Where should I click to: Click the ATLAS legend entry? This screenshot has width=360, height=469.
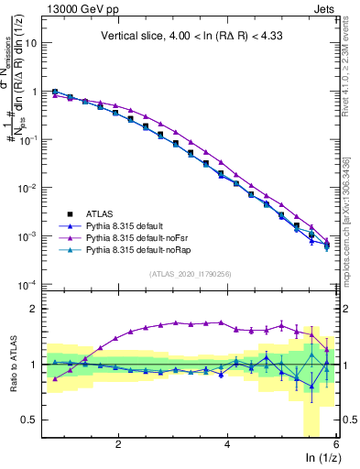[x=99, y=212]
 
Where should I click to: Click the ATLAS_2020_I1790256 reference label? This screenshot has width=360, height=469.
[x=191, y=273]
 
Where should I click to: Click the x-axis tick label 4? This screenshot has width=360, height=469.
[x=227, y=444]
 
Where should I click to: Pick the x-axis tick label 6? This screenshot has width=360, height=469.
[x=336, y=444]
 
